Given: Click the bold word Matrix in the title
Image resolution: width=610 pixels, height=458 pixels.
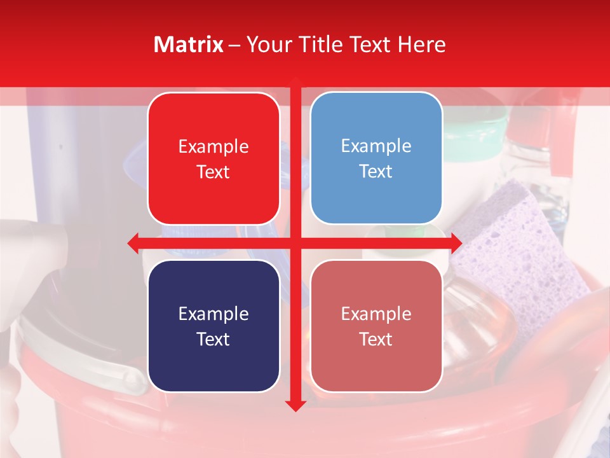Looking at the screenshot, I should (189, 45).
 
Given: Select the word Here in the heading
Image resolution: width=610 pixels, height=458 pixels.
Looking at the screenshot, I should (422, 45).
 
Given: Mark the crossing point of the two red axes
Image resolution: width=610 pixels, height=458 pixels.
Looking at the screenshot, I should (295, 243).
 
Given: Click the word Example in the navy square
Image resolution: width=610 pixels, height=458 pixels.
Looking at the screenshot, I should (213, 314).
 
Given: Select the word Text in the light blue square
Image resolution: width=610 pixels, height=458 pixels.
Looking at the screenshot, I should (376, 172).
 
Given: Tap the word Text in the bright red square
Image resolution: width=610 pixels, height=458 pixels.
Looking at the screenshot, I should (213, 172).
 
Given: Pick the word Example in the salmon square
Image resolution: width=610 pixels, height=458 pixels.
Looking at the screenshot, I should (376, 314).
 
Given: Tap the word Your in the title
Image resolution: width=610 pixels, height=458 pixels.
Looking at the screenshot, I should (267, 45).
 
